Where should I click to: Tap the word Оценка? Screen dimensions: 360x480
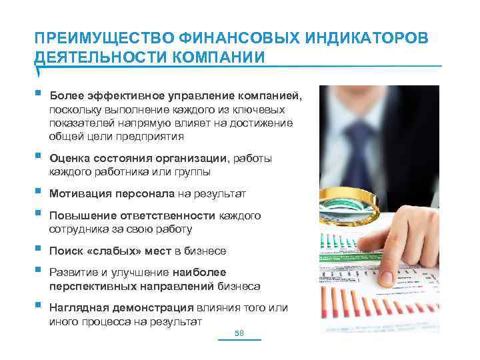click(x=67, y=158)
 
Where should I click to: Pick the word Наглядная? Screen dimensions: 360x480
click(x=77, y=307)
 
